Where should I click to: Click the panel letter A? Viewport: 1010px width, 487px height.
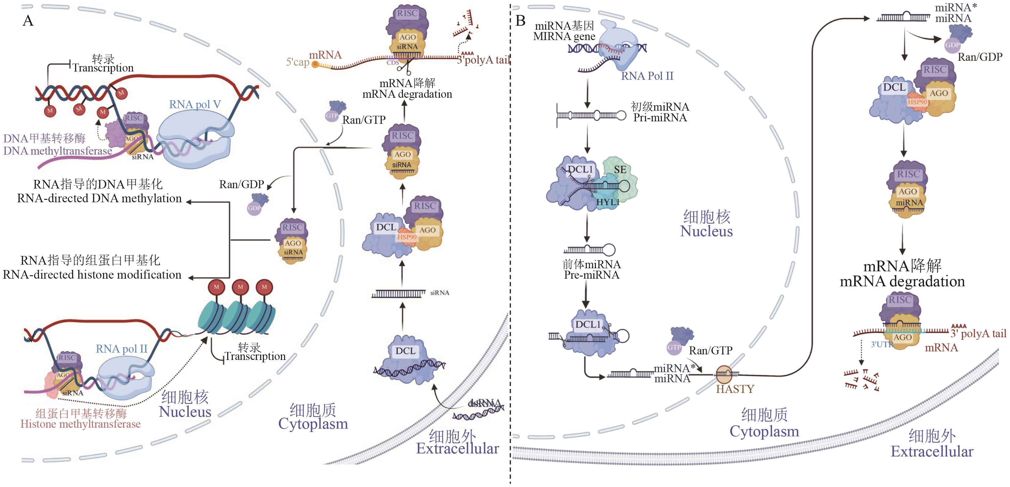28,21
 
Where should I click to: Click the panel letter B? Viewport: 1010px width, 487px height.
520,21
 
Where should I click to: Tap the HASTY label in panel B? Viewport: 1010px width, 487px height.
735,389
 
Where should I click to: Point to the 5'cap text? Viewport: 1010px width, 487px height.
297,62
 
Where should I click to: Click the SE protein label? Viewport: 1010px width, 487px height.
620,170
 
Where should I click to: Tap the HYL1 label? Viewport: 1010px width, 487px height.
607,202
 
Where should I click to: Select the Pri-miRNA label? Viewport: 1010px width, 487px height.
660,118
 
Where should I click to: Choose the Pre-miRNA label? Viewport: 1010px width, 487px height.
591,275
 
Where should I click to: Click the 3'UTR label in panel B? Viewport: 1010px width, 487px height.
881,344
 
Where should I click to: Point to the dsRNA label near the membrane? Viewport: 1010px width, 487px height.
485,403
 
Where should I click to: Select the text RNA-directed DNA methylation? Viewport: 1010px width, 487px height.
99,198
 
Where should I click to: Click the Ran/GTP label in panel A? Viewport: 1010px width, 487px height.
363,120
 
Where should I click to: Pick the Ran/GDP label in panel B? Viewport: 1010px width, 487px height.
980,57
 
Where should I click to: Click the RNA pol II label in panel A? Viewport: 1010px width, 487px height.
122,349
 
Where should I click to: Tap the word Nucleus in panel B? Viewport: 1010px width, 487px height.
706,231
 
